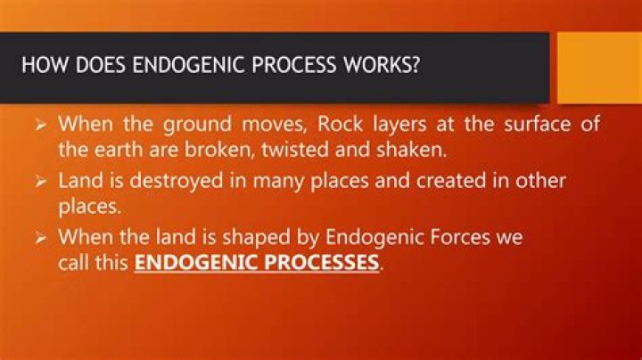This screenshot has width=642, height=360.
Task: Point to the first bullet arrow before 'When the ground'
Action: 41,124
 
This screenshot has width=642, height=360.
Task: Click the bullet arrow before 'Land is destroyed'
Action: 41,181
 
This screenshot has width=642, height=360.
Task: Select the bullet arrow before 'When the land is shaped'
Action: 41,239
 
